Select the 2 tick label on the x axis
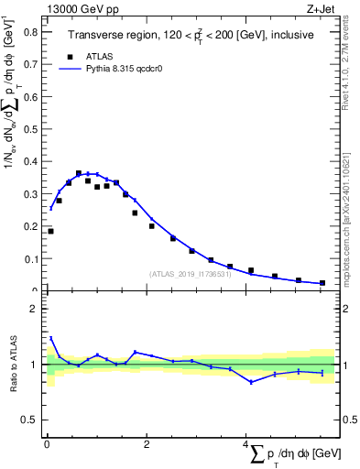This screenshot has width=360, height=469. [147, 445]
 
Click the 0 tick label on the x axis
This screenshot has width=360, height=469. [47, 445]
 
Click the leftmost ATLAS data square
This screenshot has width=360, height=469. [50, 231]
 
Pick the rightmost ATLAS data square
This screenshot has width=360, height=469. [322, 283]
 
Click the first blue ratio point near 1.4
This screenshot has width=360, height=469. [50, 338]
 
